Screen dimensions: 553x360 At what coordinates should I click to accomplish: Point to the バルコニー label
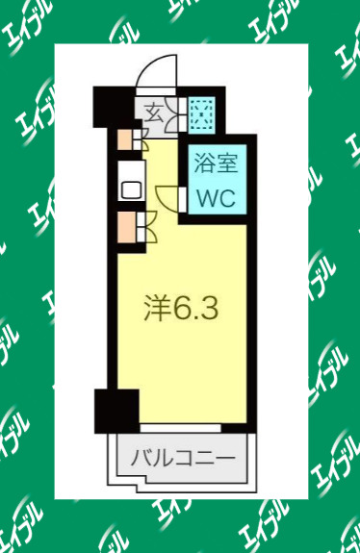coord(182,456)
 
